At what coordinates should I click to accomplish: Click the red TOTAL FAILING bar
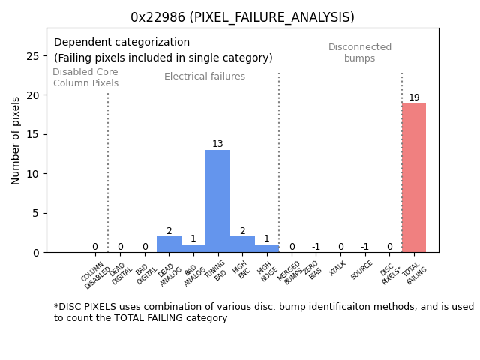[x=413, y=178]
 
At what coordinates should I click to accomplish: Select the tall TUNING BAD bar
[x=217, y=201]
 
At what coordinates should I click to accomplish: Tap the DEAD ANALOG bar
[x=169, y=244]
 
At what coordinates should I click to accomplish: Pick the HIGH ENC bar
[x=242, y=244]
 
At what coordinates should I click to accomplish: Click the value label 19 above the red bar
[x=414, y=97]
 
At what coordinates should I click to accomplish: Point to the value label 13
[x=217, y=144]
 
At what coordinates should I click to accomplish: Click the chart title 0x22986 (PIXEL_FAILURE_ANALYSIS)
[x=242, y=17]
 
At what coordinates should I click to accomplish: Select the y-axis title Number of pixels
[x=16, y=140]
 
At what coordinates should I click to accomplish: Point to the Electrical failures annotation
[x=205, y=76]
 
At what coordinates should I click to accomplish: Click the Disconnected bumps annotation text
[x=360, y=53]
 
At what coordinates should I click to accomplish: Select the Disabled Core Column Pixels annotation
[x=85, y=78]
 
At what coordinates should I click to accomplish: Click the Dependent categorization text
[x=121, y=43]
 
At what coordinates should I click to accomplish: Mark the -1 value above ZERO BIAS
[x=316, y=247]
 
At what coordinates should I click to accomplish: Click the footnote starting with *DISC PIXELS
[x=263, y=312]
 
